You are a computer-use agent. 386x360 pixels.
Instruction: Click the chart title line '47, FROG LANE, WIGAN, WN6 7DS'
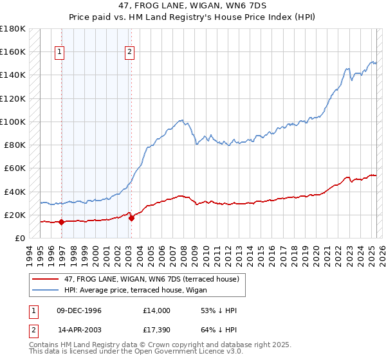pos(193,6)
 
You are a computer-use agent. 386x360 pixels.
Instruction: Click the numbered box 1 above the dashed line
pos(59,52)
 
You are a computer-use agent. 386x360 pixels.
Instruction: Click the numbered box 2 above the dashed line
pos(129,52)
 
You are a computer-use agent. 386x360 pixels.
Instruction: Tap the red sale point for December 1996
pos(61,222)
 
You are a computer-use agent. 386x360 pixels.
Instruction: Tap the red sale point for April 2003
pos(131,218)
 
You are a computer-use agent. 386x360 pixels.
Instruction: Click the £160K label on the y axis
pos(13,51)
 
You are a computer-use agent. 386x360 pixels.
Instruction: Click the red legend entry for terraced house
pos(152,279)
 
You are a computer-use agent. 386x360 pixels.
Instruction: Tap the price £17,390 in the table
pos(158,331)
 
